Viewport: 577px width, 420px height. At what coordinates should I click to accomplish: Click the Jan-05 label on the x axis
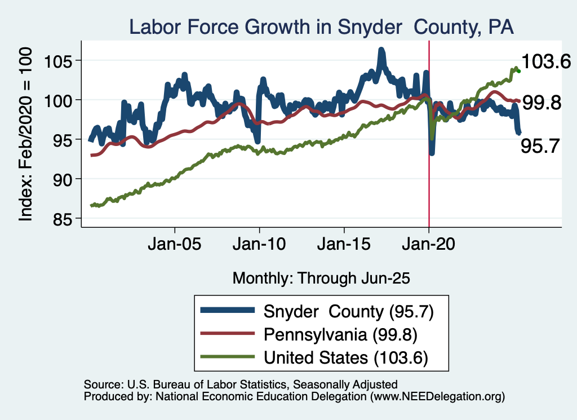tap(175, 246)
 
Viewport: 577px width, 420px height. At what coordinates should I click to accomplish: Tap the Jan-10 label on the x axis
tap(259, 246)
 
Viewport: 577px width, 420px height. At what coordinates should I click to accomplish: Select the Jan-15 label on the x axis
tap(344, 246)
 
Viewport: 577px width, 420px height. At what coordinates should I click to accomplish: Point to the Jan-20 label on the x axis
tap(428, 246)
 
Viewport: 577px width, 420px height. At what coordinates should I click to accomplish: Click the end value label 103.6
tap(546, 61)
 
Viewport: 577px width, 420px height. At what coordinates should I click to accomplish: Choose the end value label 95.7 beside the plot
tap(540, 147)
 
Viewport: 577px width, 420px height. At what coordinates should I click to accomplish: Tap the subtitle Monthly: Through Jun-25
tap(321, 278)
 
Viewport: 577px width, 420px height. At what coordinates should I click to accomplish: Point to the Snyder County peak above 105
tap(381, 52)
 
